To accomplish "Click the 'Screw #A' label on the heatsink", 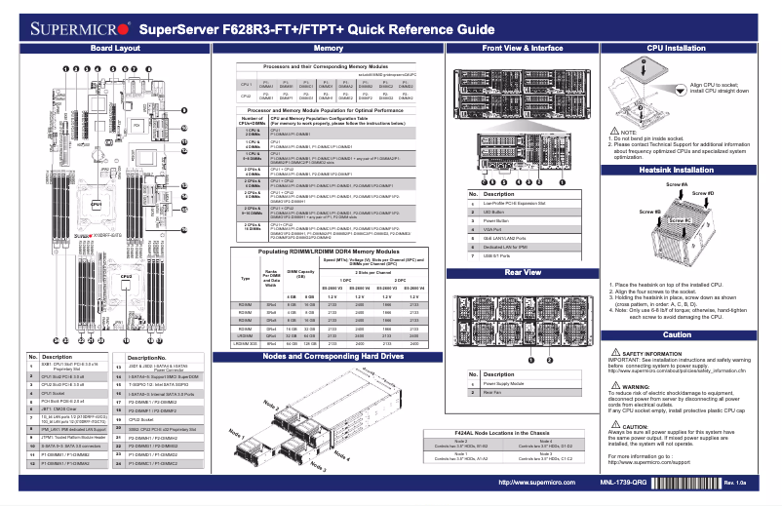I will click(x=676, y=185).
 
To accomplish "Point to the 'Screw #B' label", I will click(x=649, y=212).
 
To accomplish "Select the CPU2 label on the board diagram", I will click(x=126, y=277).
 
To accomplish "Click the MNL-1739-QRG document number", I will click(x=622, y=483).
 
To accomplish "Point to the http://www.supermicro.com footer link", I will click(x=535, y=483).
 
